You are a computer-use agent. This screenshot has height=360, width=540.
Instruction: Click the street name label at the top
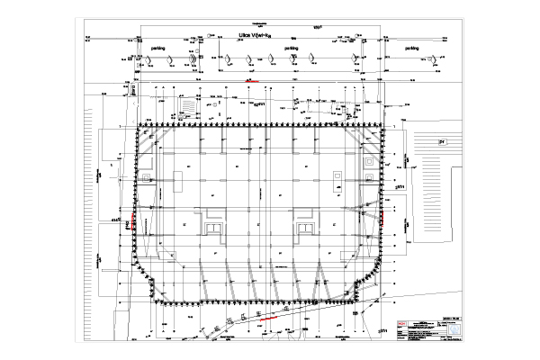tap(255, 36)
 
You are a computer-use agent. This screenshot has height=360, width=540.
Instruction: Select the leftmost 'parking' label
tap(157, 49)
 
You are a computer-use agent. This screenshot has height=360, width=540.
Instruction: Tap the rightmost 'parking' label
tap(413, 49)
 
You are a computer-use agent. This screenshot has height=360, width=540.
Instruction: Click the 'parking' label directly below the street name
tap(291, 49)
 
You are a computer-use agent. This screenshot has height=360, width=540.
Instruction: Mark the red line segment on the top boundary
tap(254, 81)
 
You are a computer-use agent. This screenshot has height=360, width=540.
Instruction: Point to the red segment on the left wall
tap(135, 221)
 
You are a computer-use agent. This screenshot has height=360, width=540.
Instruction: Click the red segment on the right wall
tap(380, 218)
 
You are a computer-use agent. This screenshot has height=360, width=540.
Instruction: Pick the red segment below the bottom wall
tap(266, 317)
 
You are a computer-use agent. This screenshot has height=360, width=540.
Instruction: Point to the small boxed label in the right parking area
tap(441, 141)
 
